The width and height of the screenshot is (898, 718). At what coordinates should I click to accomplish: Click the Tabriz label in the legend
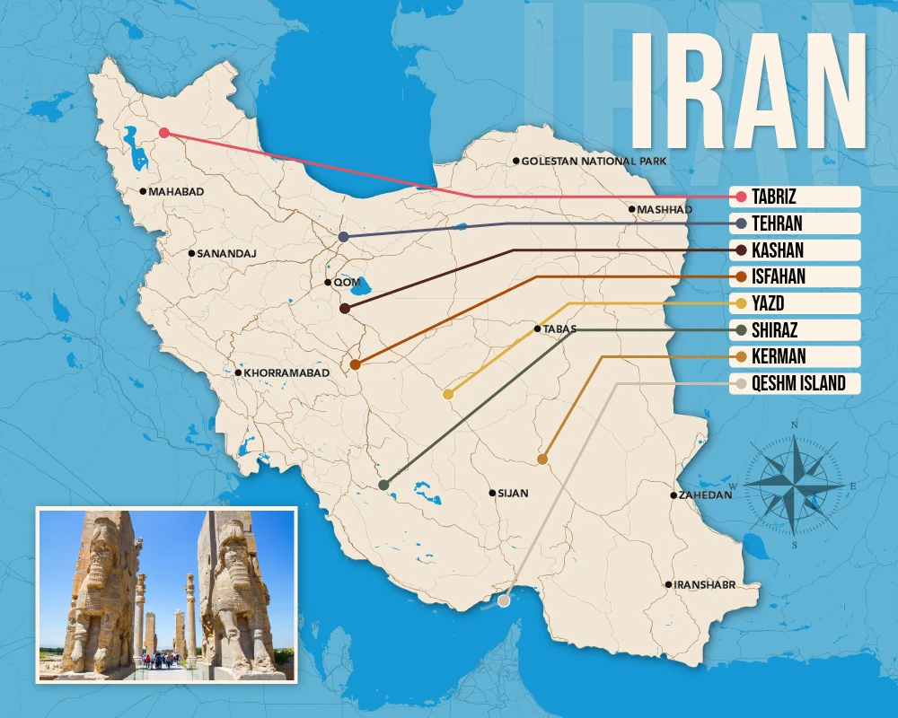pos(775,197)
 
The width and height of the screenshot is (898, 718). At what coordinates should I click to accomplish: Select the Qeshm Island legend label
pos(798,384)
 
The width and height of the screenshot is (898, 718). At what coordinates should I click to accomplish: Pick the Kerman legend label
pos(779,357)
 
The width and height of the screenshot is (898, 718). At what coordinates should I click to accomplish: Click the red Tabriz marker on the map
pos(163,133)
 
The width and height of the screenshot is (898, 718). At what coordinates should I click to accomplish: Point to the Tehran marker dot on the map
pos(344,237)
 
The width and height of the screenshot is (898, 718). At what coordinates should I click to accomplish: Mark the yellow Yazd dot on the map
pos(448,394)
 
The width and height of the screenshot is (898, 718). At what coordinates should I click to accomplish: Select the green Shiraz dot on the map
pos(383,485)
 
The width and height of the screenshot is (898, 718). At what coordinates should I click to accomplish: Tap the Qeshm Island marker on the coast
pos(504,601)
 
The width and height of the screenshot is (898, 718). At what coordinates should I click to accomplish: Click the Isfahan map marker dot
pos(356,364)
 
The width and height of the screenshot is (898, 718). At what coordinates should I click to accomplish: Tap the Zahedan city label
pos(706,495)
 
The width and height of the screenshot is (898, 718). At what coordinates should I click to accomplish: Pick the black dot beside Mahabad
pos(143,191)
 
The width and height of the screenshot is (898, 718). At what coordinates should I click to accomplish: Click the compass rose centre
pos(795,486)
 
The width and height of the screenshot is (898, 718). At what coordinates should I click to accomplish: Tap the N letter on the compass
pos(795,425)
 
